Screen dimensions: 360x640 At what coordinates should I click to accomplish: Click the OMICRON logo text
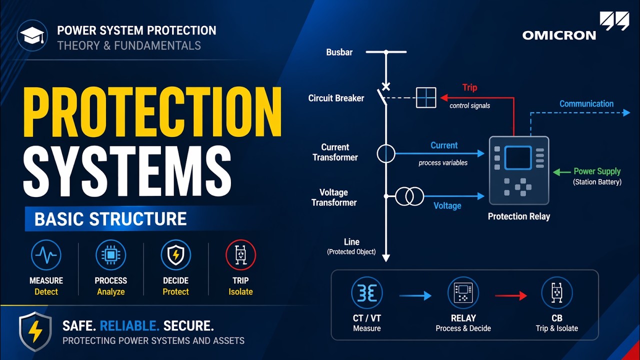pos(559,35)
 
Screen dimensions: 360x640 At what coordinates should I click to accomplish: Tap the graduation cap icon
pos(32,35)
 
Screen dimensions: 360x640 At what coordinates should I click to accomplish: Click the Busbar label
pos(339,52)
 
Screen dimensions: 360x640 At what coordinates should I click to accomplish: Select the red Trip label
pos(469,87)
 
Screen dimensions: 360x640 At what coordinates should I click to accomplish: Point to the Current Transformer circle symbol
pos(386,154)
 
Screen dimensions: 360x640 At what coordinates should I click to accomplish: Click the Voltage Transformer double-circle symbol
pos(409,196)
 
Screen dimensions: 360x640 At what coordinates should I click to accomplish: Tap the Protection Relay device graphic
pos(518,170)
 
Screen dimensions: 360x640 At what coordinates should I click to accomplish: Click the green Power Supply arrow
pos(561,172)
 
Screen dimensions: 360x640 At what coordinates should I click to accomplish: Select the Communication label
pos(586,103)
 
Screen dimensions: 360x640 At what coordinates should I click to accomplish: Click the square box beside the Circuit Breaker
pos(426,97)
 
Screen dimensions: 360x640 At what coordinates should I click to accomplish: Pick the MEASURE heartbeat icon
pos(46,255)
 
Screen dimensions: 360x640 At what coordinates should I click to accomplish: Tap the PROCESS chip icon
pos(110,255)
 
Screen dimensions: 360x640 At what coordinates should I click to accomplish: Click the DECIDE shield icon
pos(175,255)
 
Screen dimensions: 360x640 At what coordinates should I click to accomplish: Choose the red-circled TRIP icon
pos(240,255)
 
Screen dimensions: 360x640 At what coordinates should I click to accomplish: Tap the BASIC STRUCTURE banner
pos(110,219)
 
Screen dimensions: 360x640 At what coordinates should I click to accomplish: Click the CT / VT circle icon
pos(367,293)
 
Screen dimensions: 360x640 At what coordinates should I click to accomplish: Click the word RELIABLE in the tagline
pos(129,326)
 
